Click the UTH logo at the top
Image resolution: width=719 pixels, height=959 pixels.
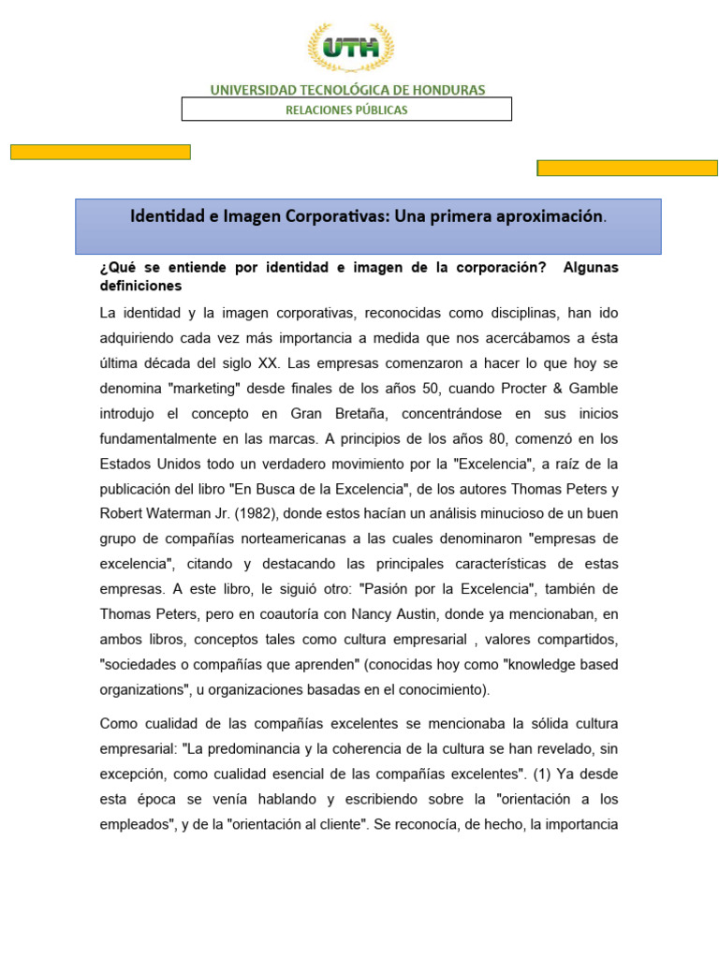351,48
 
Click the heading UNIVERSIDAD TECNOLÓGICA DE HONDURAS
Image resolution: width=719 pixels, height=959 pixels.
347,90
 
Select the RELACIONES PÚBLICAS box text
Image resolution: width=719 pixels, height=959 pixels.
346,110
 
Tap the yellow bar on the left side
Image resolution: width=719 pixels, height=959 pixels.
100,152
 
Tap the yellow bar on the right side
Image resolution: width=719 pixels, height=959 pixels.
626,168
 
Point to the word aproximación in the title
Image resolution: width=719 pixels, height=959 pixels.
543,216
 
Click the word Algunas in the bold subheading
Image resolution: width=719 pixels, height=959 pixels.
591,268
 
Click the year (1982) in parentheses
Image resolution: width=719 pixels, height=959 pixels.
254,513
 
